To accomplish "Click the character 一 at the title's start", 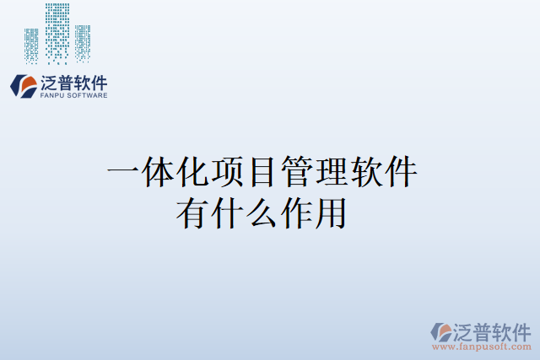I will pyautogui.click(x=123, y=174).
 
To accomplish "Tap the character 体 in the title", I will pyautogui.click(x=158, y=174).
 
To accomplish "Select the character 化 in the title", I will pyautogui.click(x=192, y=174).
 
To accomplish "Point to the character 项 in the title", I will pyautogui.click(x=228, y=174).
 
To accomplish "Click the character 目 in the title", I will pyautogui.click(x=262, y=174).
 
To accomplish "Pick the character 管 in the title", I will pyautogui.click(x=297, y=174).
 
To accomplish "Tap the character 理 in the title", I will pyautogui.click(x=332, y=174).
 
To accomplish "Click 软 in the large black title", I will pyautogui.click(x=366, y=174).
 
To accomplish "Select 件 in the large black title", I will pyautogui.click(x=401, y=174).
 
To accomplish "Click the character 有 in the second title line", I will pyautogui.click(x=192, y=212).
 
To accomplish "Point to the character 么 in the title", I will pyautogui.click(x=262, y=212).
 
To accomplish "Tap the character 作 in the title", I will pyautogui.click(x=296, y=212).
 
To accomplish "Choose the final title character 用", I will pyautogui.click(x=331, y=212).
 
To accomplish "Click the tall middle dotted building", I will pyautogui.click(x=57, y=34).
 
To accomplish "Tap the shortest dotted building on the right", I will pyautogui.click(x=83, y=44).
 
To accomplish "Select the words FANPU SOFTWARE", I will pyautogui.click(x=73, y=96).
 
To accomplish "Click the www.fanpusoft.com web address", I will pyautogui.click(x=482, y=346).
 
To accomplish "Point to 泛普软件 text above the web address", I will pyautogui.click(x=491, y=329).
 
